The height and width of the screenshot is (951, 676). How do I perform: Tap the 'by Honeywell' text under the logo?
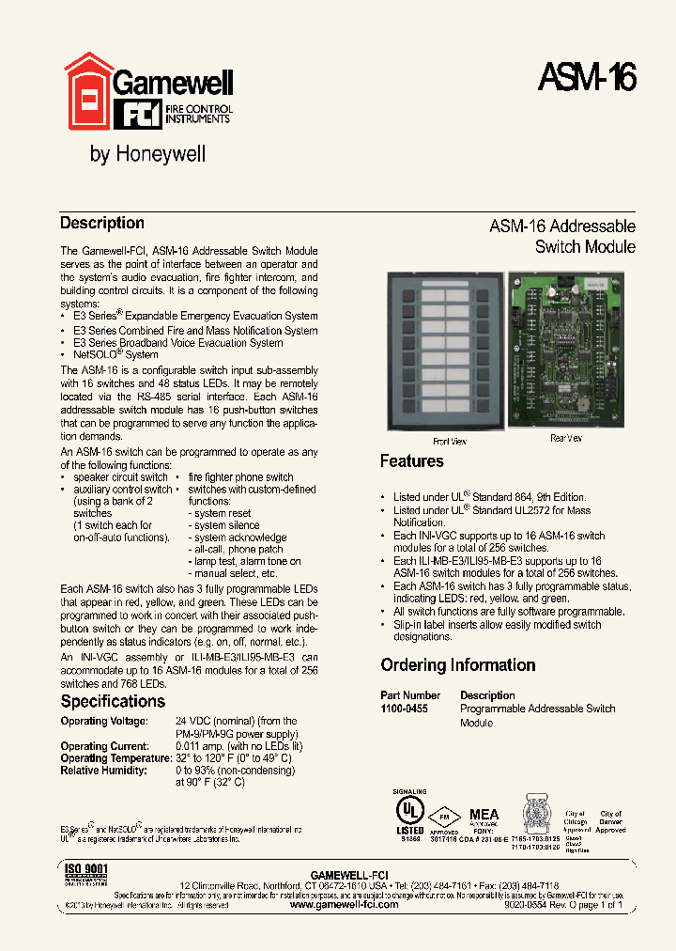(x=147, y=154)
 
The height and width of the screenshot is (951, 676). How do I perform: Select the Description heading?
(x=102, y=224)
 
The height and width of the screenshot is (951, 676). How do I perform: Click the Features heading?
(x=411, y=461)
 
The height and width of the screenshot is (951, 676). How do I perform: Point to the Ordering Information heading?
(x=458, y=665)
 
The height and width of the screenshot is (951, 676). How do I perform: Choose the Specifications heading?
(x=113, y=701)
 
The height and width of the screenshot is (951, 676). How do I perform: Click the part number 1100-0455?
(x=404, y=709)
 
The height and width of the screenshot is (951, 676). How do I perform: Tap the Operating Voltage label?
(x=104, y=721)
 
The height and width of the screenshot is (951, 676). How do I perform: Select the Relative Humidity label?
(x=103, y=771)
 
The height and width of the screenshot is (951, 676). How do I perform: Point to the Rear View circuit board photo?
(x=564, y=350)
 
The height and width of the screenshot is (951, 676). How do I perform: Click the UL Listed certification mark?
(x=409, y=810)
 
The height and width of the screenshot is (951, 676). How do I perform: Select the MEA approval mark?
(x=484, y=816)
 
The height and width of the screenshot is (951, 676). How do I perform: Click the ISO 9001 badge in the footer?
(x=86, y=873)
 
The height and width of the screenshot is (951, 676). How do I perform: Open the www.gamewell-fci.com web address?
(x=344, y=904)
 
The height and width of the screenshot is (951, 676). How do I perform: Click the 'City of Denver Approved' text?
(x=610, y=821)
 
